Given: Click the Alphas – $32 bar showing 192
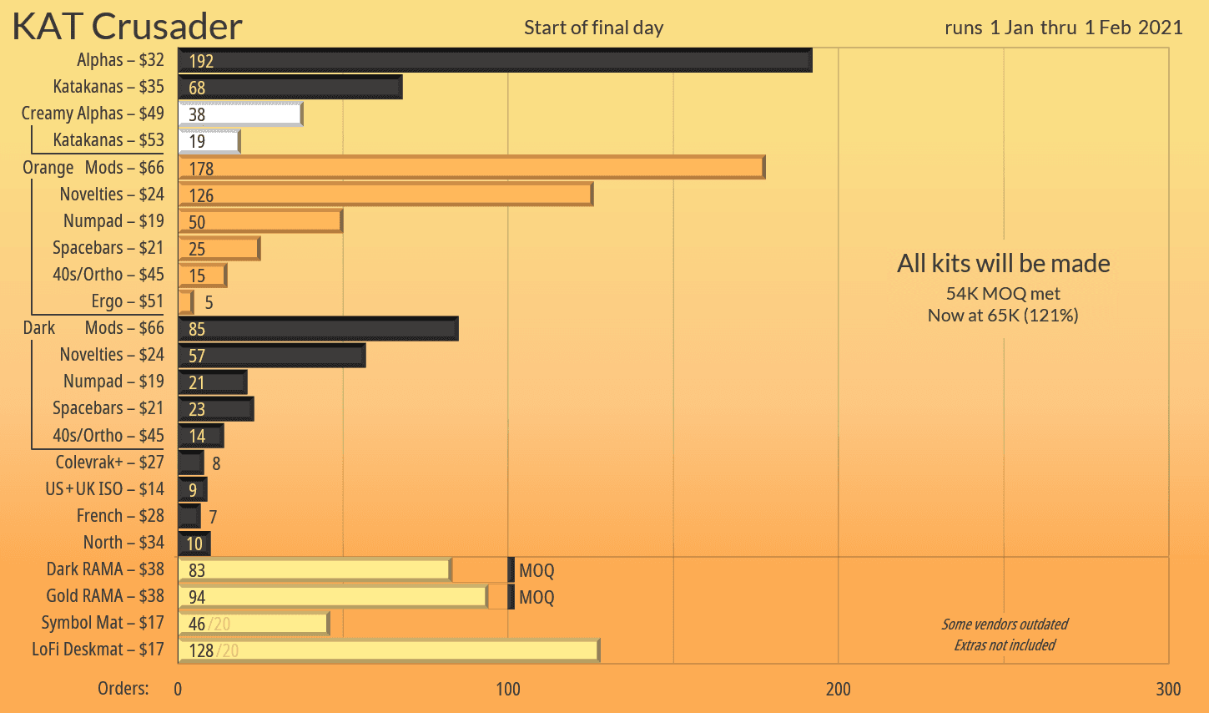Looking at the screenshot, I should point(494,60).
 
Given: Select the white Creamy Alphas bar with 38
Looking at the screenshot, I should point(240,114).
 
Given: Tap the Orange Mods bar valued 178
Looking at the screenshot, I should point(471,167).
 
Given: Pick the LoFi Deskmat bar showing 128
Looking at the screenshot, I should point(388,650).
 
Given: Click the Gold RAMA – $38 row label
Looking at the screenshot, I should point(105,596).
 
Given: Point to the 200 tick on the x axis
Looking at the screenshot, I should point(838,689).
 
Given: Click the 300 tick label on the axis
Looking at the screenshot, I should point(1168,689).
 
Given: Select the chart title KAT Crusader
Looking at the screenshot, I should point(127,27).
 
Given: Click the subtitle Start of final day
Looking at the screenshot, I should point(593,28).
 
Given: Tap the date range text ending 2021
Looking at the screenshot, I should point(1063,28).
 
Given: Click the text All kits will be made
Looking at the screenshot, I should point(1003,264).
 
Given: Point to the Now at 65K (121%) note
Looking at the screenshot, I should point(1003,316).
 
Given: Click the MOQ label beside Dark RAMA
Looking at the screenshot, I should point(536,571).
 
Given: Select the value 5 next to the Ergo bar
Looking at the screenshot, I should point(209,302).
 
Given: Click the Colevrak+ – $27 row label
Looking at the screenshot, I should point(109,463).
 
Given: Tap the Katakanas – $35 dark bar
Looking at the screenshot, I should point(290,87).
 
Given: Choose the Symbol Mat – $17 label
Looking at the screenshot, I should point(103,623).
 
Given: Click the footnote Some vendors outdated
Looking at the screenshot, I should point(1005,625).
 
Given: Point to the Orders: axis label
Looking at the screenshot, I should point(123,689).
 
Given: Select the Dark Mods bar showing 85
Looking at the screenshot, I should point(317,328).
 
